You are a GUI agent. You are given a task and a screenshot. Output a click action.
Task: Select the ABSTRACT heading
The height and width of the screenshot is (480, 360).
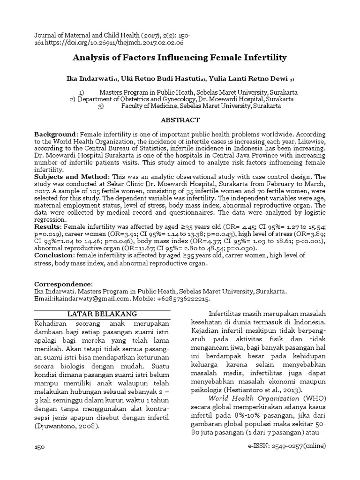[180, 120]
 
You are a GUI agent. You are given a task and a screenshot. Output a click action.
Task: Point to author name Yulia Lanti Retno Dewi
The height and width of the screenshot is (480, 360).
[247, 78]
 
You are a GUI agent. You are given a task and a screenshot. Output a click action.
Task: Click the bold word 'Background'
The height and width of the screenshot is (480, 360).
[54, 134]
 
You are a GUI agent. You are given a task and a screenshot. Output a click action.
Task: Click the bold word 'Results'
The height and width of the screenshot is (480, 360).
[47, 226]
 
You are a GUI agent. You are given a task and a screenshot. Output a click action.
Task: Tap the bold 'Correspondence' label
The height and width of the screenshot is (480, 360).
[63, 284]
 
